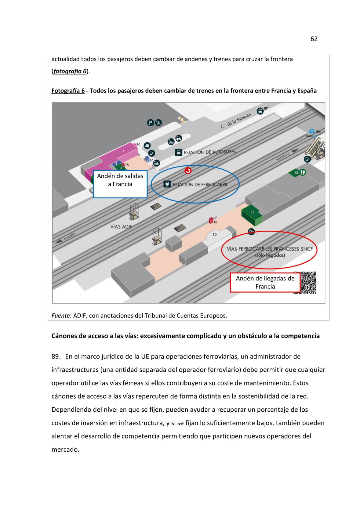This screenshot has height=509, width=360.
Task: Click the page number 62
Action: click(314, 39)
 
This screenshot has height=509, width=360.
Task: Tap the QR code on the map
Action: click(308, 283)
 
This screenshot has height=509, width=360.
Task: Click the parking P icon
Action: click(150, 123)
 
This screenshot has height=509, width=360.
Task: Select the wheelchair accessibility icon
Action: click(158, 123)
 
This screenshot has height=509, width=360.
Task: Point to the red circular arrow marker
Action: click(188, 170)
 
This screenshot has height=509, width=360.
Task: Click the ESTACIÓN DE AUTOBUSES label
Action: click(210, 152)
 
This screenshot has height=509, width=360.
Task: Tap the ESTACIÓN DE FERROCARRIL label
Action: click(200, 185)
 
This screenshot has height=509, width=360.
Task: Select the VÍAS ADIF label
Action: click(121, 226)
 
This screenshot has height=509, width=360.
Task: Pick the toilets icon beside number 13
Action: click(303, 172)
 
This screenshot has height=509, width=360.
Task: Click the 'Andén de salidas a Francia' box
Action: click(120, 184)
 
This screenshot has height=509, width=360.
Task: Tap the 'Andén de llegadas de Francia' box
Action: click(265, 283)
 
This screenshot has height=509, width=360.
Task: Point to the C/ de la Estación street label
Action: click(236, 121)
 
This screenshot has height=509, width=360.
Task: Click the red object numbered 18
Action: click(211, 220)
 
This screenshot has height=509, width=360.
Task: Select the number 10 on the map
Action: click(215, 234)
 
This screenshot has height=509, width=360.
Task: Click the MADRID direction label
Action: click(70, 236)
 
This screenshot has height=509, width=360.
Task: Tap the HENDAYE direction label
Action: click(283, 157)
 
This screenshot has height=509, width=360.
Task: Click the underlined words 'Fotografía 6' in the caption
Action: click(68, 91)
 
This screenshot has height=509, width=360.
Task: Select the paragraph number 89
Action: click(56, 356)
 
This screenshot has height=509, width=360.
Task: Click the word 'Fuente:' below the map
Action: click(61, 316)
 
